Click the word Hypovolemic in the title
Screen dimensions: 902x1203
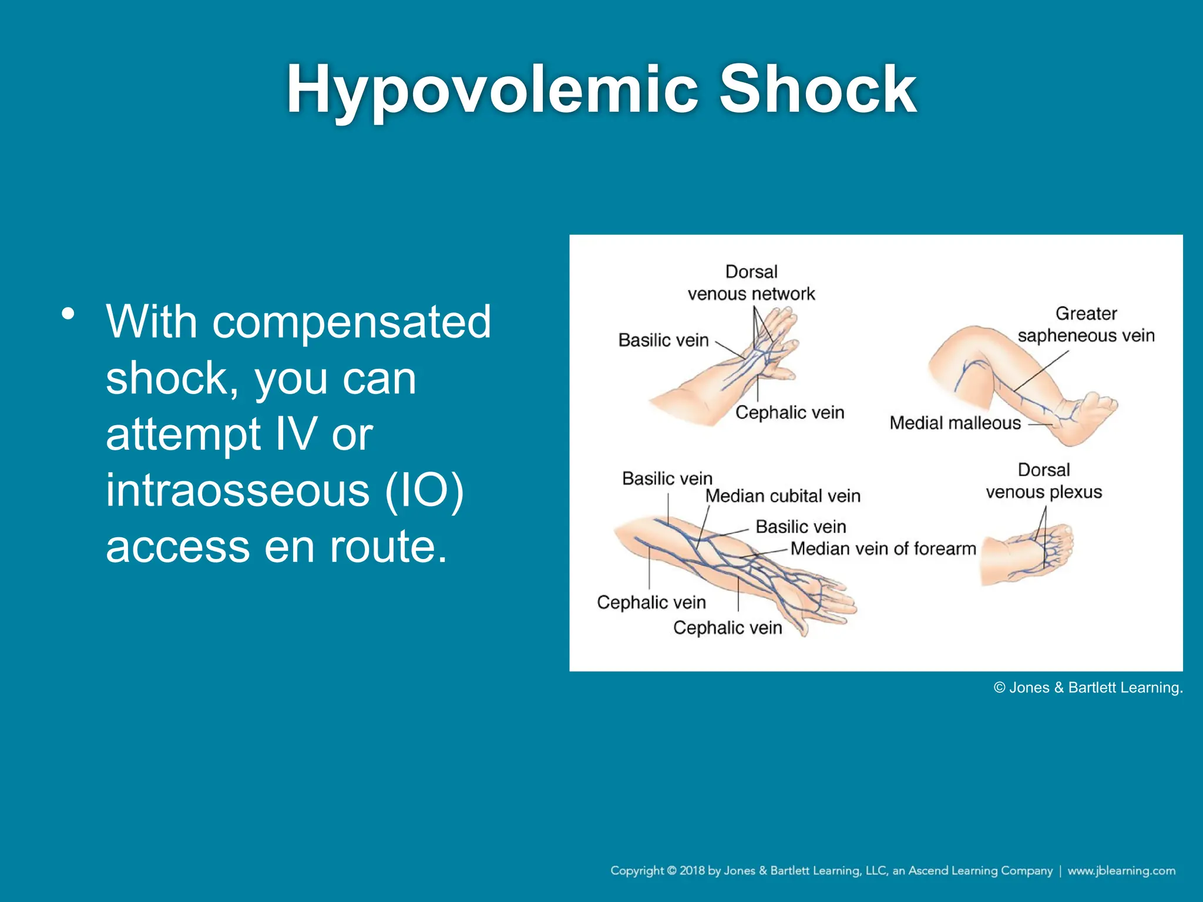coord(492,90)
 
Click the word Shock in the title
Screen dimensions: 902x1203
coord(818,90)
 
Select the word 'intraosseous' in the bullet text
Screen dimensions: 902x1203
coord(237,490)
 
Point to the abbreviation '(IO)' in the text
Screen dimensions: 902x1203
coord(424,490)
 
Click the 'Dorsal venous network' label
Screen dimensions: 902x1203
coord(751,282)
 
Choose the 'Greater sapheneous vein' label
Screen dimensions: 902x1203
coord(1086,324)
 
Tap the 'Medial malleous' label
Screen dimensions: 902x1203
coord(955,423)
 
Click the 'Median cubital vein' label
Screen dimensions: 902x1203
coord(782,496)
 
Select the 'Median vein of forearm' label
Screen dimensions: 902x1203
coord(883,548)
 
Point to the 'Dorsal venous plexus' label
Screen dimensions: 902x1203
coord(1044,481)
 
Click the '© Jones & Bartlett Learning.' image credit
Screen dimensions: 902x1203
coord(1088,688)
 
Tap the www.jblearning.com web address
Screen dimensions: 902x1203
coord(1121,870)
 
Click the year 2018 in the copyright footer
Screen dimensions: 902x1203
coord(692,870)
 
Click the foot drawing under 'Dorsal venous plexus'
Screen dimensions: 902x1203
coord(1028,555)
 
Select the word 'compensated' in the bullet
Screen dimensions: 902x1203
coord(351,322)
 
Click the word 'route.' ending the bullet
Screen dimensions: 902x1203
coord(388,546)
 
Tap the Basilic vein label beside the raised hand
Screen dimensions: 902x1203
coord(663,341)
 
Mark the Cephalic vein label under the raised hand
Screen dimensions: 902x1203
coord(789,413)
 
